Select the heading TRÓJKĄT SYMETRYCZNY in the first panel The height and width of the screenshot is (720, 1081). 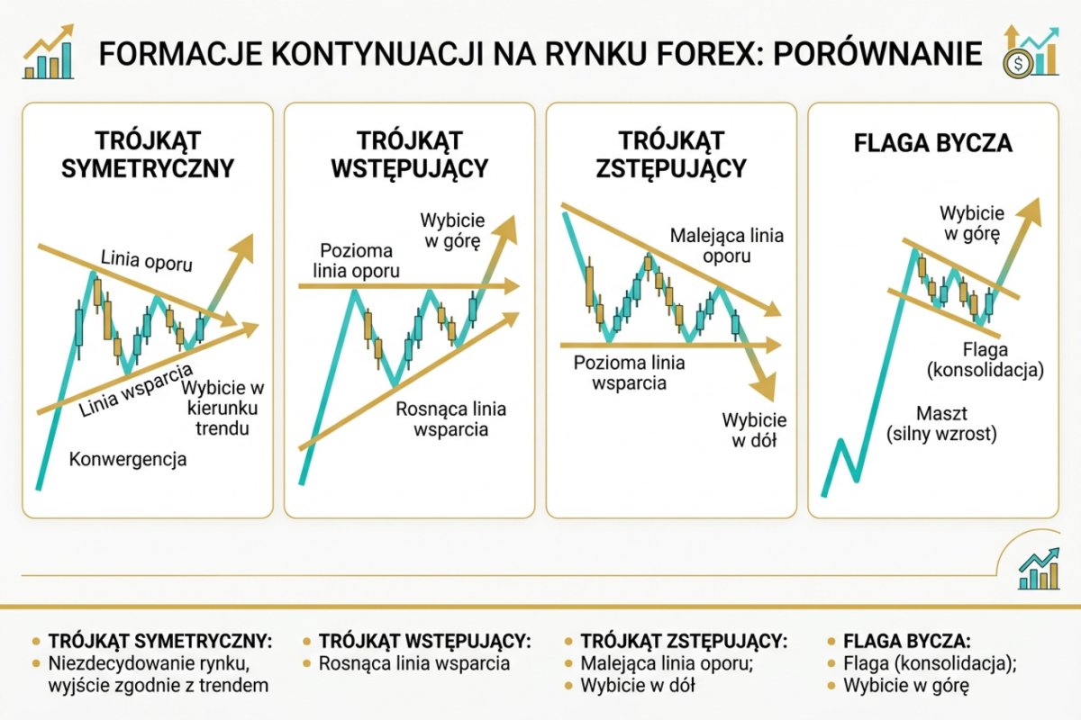147,154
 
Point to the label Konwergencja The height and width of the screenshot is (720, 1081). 127,460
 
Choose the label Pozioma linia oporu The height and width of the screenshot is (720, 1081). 356,260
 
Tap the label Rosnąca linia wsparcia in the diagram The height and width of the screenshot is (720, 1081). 450,418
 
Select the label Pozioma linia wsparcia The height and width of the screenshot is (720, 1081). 629,373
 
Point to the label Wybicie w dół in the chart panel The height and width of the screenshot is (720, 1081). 754,431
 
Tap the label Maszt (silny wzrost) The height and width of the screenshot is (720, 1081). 940,424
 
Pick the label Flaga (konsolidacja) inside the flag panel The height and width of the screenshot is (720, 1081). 985,359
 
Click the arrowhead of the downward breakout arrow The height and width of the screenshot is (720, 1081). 764,388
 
